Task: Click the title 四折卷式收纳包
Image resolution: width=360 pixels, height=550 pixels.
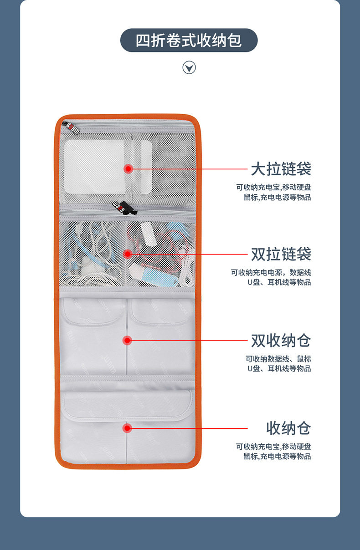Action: coord(189,41)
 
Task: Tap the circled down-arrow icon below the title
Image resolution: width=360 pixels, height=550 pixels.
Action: coord(189,68)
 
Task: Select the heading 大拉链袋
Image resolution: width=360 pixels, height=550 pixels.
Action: coord(281,169)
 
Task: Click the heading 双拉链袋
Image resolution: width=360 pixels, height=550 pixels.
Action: coord(281,254)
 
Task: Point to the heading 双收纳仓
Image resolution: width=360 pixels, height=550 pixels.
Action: coord(281,340)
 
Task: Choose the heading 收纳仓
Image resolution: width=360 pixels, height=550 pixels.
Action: coord(288,428)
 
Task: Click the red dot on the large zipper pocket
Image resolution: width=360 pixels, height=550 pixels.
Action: coord(128,169)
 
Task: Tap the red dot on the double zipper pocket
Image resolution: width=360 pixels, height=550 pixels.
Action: coord(128,253)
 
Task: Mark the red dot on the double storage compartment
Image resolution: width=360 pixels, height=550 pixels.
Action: coord(128,340)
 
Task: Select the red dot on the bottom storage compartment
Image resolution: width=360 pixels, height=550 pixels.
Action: coord(128,428)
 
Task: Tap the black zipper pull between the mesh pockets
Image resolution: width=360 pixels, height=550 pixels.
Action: coord(124,208)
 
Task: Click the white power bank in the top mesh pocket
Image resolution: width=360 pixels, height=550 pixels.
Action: coord(94,166)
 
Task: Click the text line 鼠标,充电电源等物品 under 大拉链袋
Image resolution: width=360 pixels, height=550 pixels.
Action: coord(277,197)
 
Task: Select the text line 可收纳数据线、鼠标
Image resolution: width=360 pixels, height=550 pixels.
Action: coord(278,359)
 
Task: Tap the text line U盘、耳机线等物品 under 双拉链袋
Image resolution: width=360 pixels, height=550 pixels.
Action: coord(279,282)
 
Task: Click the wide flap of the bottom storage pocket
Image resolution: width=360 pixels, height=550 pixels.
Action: coord(127,405)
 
